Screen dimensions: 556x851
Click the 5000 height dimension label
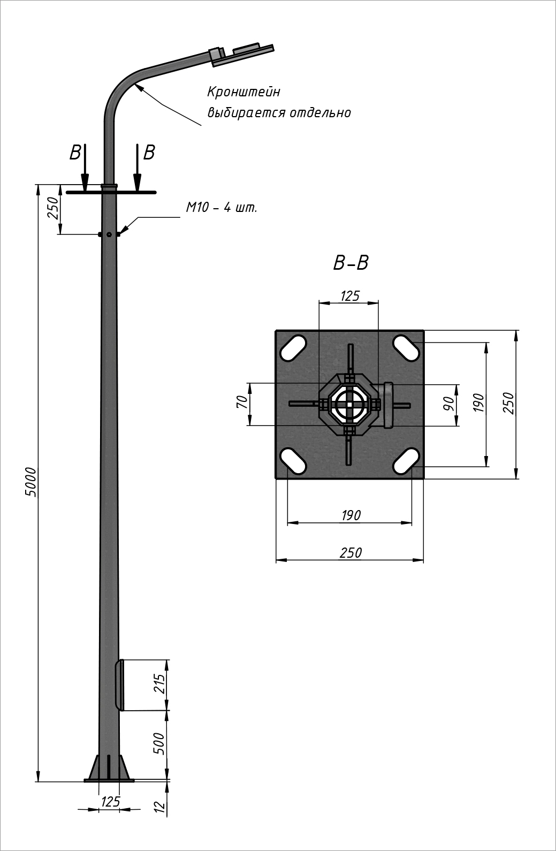coord(31,482)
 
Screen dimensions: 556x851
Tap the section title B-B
coord(351,263)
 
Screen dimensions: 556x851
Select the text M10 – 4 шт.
coord(222,208)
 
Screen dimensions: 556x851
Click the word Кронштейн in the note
coord(244,92)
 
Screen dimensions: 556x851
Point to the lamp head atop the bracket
coord(241,55)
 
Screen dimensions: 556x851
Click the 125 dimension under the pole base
coord(111,802)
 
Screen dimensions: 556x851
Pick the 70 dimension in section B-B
coord(242,401)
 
